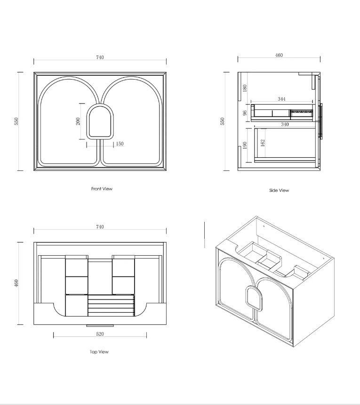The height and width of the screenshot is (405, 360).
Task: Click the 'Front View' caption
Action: (102, 189)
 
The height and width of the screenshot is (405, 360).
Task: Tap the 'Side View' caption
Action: (279, 190)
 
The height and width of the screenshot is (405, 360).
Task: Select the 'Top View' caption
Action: (99, 352)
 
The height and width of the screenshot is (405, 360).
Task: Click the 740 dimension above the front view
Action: (100, 57)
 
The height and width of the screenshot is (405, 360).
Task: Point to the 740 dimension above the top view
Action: (100, 227)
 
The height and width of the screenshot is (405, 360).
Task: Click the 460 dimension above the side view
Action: (279, 55)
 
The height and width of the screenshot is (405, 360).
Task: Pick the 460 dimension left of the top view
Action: (16, 283)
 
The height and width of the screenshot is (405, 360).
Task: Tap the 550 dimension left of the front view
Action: (16, 121)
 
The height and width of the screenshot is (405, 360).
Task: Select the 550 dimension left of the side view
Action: (222, 121)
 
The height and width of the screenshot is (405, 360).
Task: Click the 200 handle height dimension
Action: (78, 121)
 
